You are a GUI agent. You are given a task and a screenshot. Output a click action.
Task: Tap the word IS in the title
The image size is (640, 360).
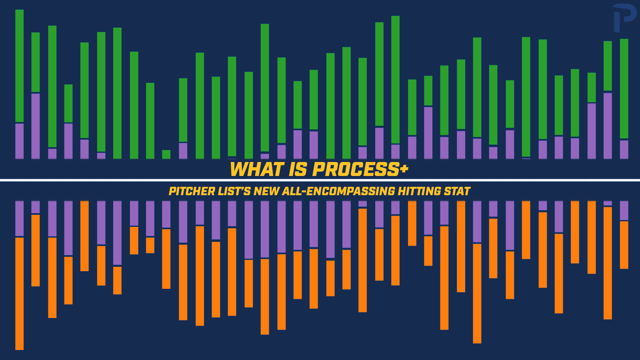tap(298, 170)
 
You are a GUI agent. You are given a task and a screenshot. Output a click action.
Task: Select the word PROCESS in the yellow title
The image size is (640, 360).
tap(355, 170)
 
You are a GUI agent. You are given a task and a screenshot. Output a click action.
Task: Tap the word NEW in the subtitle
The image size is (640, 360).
tap(266, 191)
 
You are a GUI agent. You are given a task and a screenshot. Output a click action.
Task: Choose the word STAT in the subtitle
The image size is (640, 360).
tap(457, 191)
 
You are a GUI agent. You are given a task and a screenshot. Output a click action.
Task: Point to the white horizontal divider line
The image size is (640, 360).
tap(120, 180)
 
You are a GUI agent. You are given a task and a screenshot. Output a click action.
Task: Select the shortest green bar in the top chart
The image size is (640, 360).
tap(166, 154)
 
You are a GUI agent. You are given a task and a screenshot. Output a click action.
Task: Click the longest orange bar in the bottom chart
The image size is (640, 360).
tap(19, 294)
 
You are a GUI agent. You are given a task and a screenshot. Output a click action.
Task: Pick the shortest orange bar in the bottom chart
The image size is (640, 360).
tap(150, 245)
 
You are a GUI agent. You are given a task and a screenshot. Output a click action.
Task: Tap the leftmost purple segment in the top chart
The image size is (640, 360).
tap(19, 141)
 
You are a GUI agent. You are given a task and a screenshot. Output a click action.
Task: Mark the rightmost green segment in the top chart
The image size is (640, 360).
tap(624, 88)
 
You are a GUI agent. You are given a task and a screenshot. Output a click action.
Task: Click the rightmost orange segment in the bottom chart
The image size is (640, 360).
tap(624, 245)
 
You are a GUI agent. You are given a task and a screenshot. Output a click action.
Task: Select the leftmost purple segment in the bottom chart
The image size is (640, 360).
tap(19, 218)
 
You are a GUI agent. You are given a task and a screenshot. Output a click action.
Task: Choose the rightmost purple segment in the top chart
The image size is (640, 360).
tap(624, 149)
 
